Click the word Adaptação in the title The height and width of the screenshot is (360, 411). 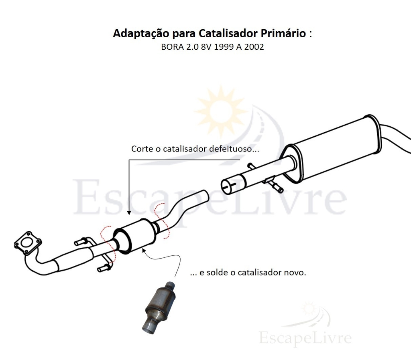point(141,34)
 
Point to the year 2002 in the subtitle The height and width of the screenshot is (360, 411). point(254,47)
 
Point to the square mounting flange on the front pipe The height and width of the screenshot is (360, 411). point(28,243)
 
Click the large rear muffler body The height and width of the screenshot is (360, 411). point(333,151)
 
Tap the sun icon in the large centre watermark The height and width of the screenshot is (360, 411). point(221,110)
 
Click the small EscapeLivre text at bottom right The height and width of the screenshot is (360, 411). point(305,338)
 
